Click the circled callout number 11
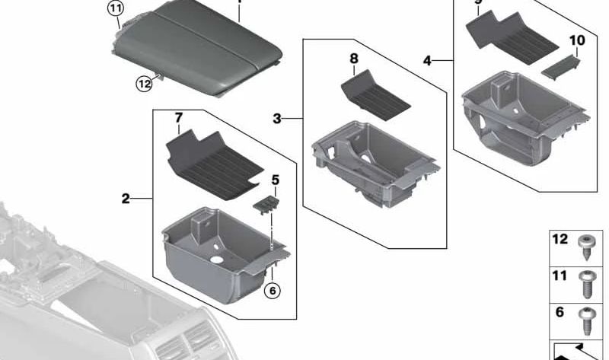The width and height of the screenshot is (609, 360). (114, 9)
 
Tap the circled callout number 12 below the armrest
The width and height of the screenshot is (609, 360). (144, 84)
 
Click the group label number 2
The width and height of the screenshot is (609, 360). (126, 199)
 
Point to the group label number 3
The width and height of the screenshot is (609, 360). (277, 118)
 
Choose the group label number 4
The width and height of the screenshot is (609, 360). (428, 59)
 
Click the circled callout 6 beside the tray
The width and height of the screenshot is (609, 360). (272, 290)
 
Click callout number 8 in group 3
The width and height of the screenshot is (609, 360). (353, 58)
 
